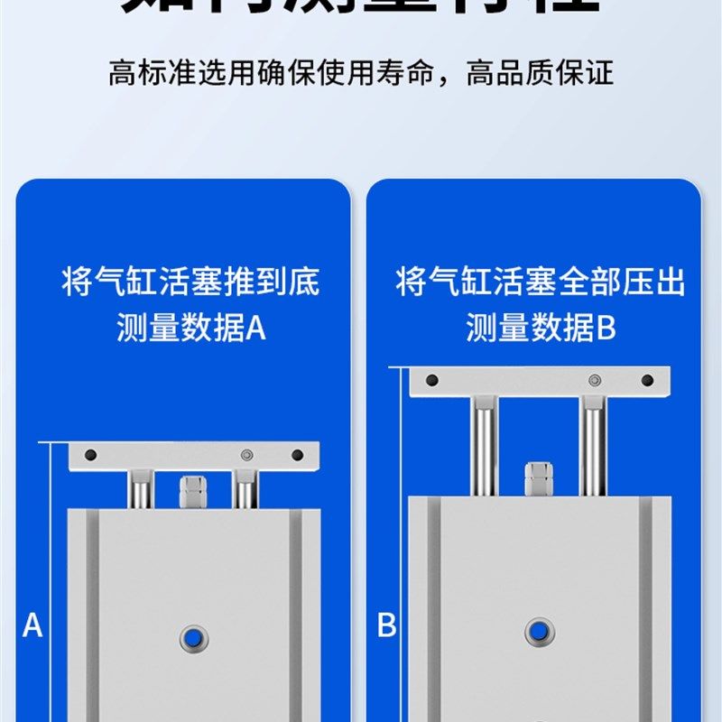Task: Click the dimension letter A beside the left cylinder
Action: pyautogui.click(x=32, y=625)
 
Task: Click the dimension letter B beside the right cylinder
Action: pyautogui.click(x=386, y=625)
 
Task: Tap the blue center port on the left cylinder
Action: pyautogui.click(x=192, y=635)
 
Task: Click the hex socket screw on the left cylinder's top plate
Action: pyautogui.click(x=246, y=455)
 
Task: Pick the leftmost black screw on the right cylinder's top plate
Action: pyautogui.click(x=431, y=380)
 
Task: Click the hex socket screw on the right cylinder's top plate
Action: pyautogui.click(x=593, y=380)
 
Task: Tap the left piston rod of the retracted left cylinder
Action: pyautogui.click(x=141, y=489)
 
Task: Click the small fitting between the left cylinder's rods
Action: pyautogui.click(x=191, y=493)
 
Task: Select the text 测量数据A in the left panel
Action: pyautogui.click(x=191, y=329)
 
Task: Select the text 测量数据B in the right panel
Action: pyautogui.click(x=540, y=329)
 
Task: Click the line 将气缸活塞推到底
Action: pyautogui.click(x=190, y=282)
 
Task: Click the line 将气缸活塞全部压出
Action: pyautogui.click(x=540, y=282)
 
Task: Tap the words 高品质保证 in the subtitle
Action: pyautogui.click(x=540, y=72)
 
